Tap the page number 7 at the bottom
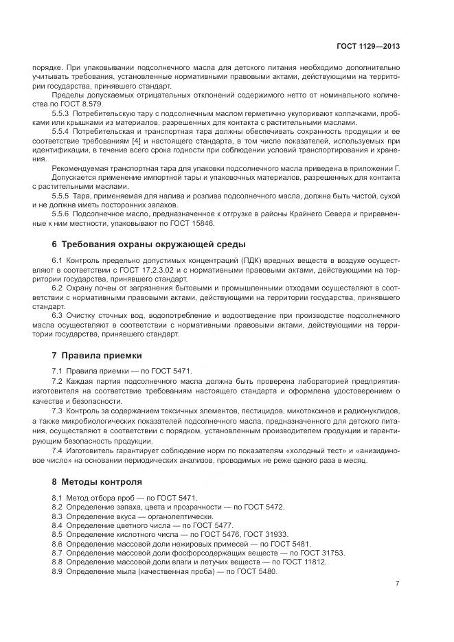pyautogui.click(x=397, y=584)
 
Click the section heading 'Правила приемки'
pyautogui.click(x=101, y=356)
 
